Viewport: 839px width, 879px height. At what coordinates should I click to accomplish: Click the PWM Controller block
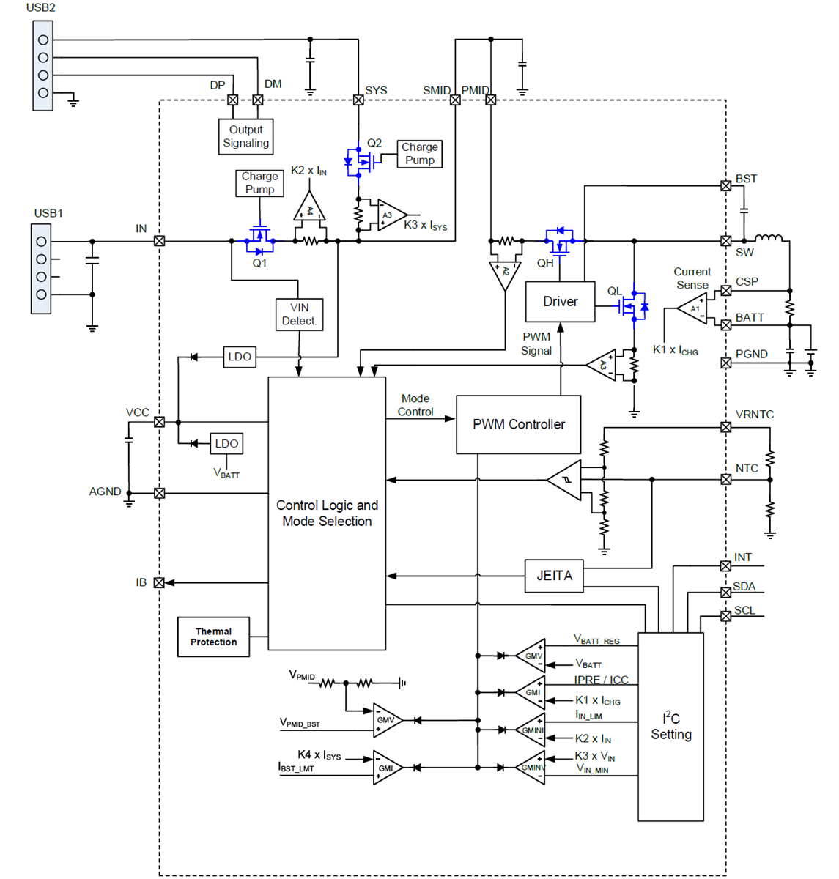click(x=518, y=425)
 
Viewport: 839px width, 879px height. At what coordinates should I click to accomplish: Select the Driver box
click(x=560, y=302)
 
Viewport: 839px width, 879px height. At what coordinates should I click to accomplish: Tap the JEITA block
click(x=554, y=576)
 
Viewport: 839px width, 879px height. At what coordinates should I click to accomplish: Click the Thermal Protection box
click(x=213, y=637)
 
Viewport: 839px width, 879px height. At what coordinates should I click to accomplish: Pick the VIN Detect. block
click(x=299, y=314)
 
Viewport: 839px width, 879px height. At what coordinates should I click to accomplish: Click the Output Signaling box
click(x=246, y=137)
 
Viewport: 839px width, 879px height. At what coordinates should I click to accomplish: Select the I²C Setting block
click(x=670, y=727)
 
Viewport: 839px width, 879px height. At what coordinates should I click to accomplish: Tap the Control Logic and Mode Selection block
click(x=327, y=513)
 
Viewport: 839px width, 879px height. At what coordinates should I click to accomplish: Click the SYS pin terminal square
click(x=358, y=100)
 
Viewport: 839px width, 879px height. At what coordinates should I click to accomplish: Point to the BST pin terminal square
click(x=725, y=186)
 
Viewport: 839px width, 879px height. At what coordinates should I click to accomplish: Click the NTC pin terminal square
click(x=725, y=480)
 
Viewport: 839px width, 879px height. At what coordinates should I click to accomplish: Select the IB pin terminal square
click(x=159, y=583)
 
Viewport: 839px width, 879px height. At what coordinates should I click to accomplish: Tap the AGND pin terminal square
click(x=159, y=493)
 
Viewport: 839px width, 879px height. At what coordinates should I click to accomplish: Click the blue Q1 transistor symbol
click(x=259, y=240)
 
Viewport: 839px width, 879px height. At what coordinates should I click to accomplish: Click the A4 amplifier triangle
click(x=309, y=209)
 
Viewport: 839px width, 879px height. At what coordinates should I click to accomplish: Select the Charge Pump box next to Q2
click(x=419, y=154)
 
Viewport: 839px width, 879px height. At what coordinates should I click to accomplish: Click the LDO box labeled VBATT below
click(x=226, y=444)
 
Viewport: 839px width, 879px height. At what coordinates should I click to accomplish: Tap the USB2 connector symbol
click(x=42, y=66)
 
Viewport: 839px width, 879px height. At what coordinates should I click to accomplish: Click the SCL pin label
click(x=744, y=610)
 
